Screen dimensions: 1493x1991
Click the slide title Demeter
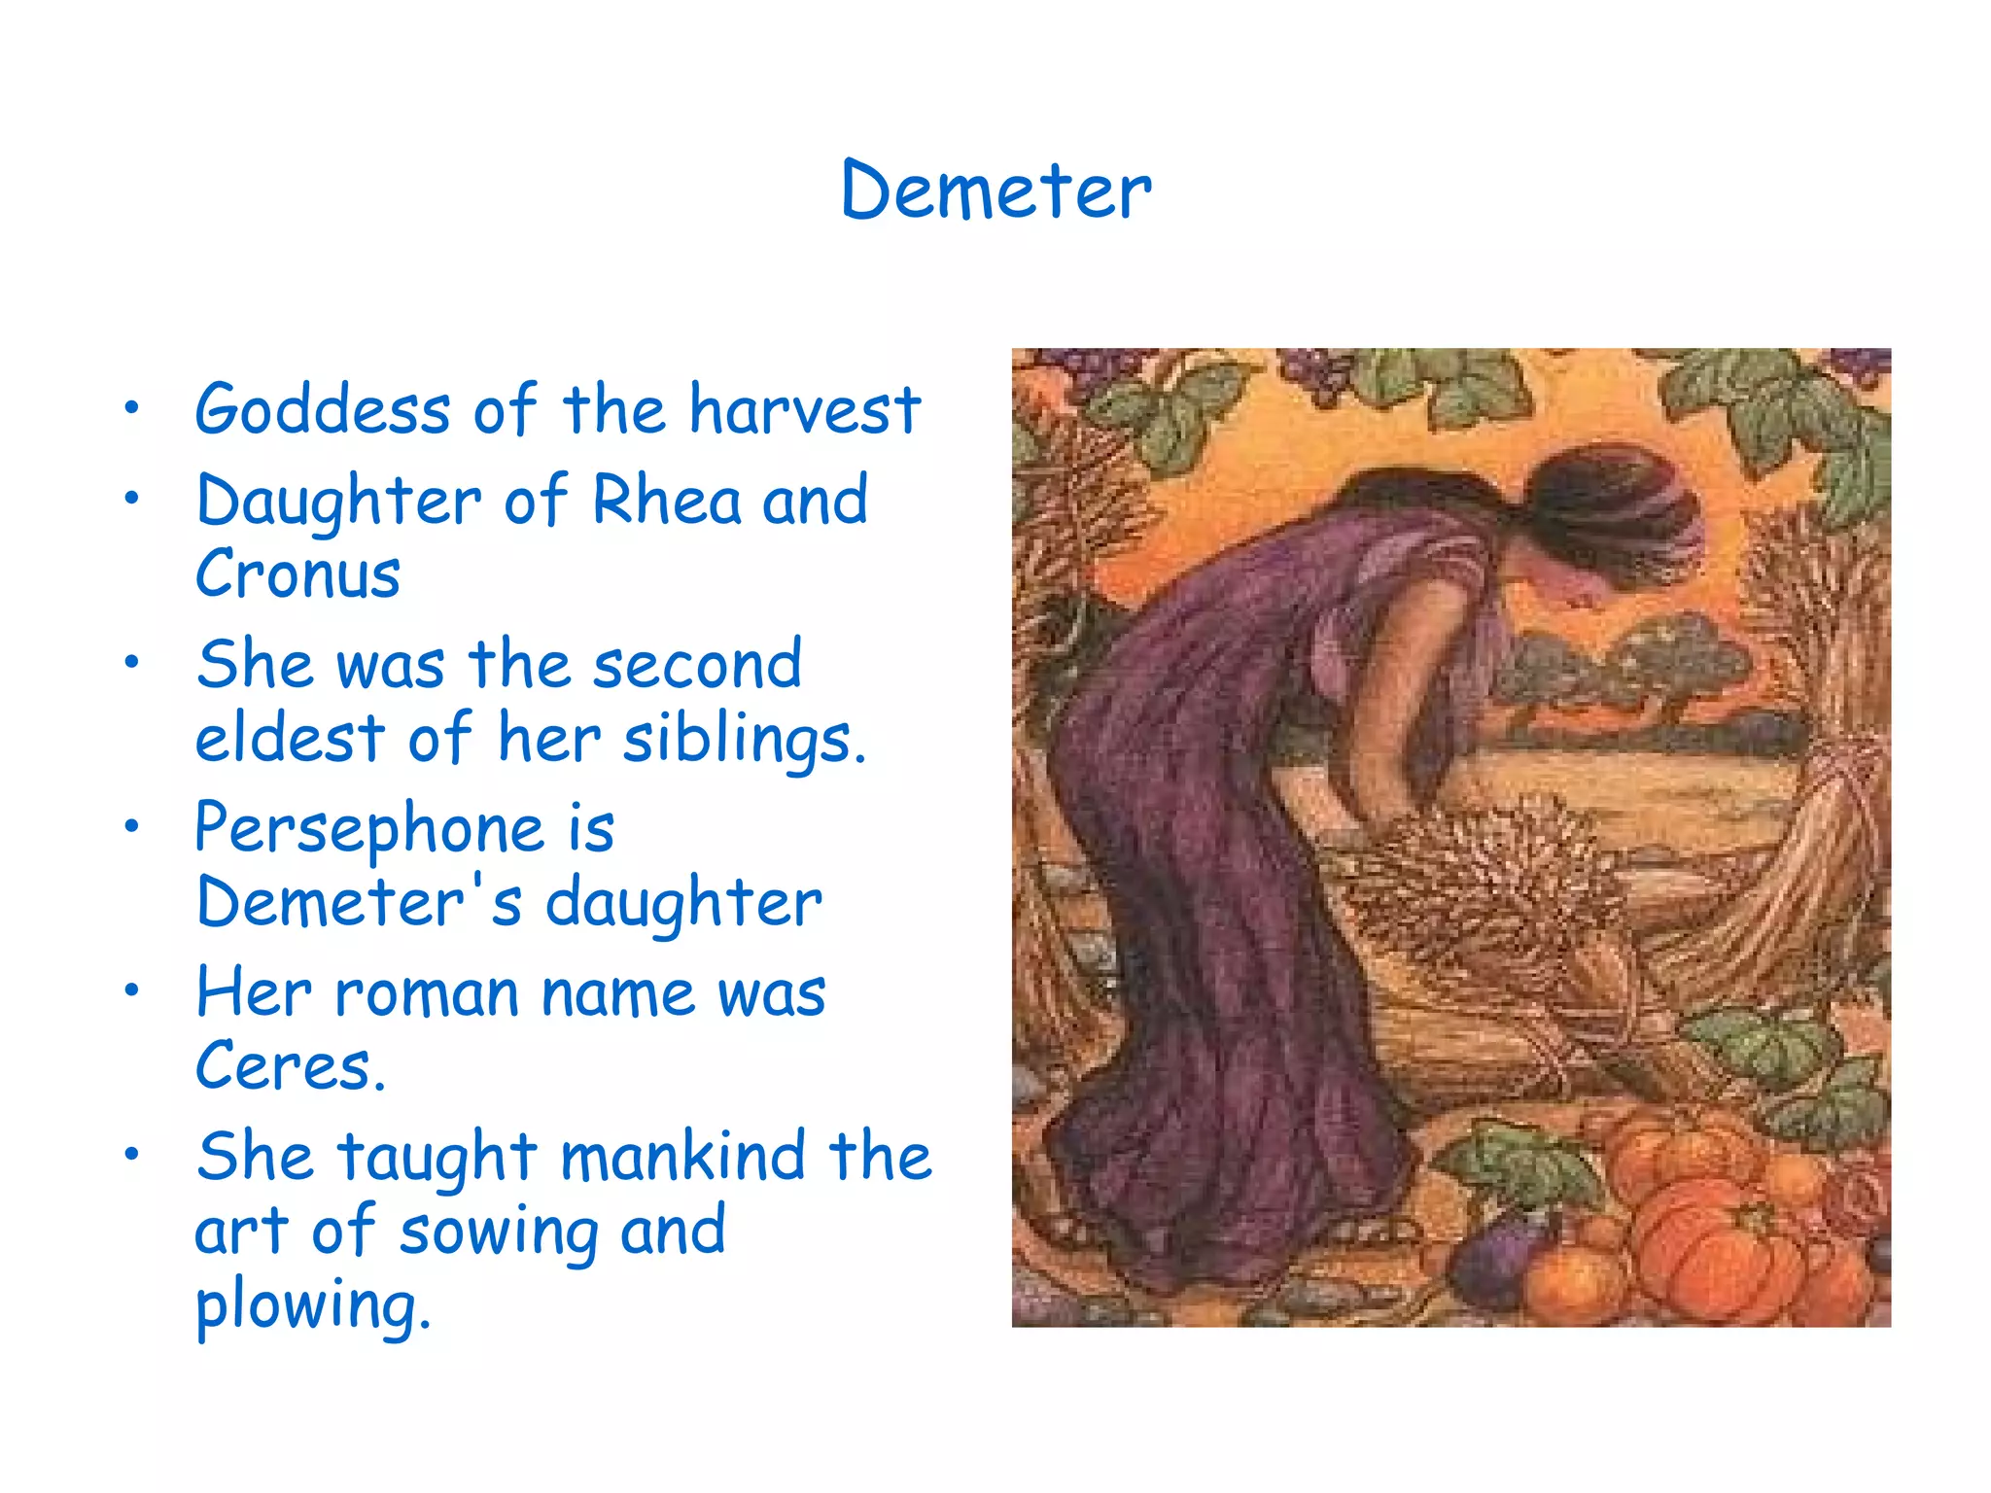pos(995,191)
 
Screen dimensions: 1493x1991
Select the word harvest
pos(805,409)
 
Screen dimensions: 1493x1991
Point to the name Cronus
pos(297,573)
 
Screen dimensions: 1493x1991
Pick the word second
pos(697,665)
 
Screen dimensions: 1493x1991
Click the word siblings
pos(744,740)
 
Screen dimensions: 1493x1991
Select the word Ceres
pos(290,1066)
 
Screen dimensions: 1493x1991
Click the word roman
pos(427,994)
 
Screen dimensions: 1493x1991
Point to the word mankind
pos(682,1157)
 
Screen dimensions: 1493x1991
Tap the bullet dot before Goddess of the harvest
pos(132,408)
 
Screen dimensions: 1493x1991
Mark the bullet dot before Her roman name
pos(132,990)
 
